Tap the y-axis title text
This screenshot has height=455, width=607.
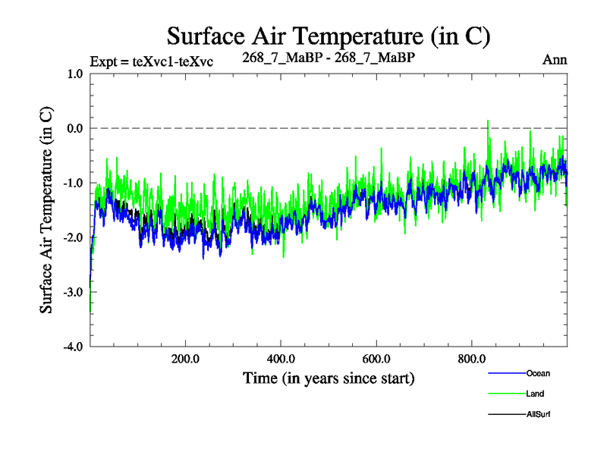coord(46,210)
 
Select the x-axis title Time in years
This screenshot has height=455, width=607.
coord(329,378)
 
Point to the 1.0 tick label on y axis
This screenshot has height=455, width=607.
coord(74,74)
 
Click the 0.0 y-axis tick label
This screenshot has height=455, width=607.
coord(74,128)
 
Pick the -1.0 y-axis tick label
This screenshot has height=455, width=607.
coord(72,183)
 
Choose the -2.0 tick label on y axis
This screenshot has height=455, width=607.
coord(72,237)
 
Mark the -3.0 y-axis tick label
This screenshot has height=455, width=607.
coord(72,292)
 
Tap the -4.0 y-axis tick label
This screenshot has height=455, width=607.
coord(72,347)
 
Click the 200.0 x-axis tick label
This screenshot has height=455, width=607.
coord(185,359)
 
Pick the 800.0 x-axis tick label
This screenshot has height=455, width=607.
coord(472,359)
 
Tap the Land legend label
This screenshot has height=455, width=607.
coord(534,394)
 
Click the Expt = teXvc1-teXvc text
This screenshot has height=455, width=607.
coord(151,62)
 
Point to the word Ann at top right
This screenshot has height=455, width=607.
coord(555,59)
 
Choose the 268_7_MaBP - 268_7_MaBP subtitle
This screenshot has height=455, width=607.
coord(329,57)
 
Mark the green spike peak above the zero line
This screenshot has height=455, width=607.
coord(487,121)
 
